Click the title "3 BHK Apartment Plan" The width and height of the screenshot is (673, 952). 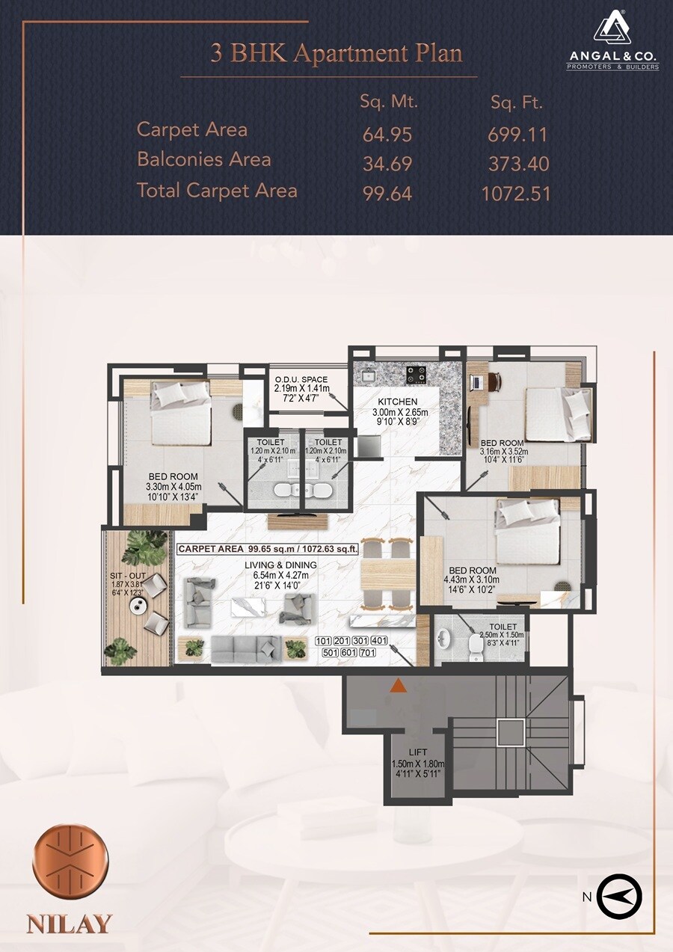click(x=336, y=54)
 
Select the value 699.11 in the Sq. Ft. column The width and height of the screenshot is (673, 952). click(x=517, y=135)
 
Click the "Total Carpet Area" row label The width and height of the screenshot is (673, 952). click(x=217, y=190)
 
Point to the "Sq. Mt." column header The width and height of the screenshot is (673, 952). click(x=389, y=102)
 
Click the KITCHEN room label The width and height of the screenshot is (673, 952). click(x=397, y=402)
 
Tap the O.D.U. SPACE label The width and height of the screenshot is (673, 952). click(x=301, y=380)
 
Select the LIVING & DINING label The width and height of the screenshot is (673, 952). click(x=280, y=565)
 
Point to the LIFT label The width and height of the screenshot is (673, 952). click(x=417, y=752)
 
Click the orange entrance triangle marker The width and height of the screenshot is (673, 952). click(x=399, y=684)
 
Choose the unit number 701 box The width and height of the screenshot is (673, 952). click(x=367, y=653)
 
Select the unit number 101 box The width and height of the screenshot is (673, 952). click(x=323, y=641)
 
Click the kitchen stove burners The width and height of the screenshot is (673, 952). click(x=415, y=372)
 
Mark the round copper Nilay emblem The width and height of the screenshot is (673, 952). click(x=71, y=859)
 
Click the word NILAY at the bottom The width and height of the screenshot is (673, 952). click(x=70, y=923)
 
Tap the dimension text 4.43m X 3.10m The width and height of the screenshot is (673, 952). click(x=471, y=579)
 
